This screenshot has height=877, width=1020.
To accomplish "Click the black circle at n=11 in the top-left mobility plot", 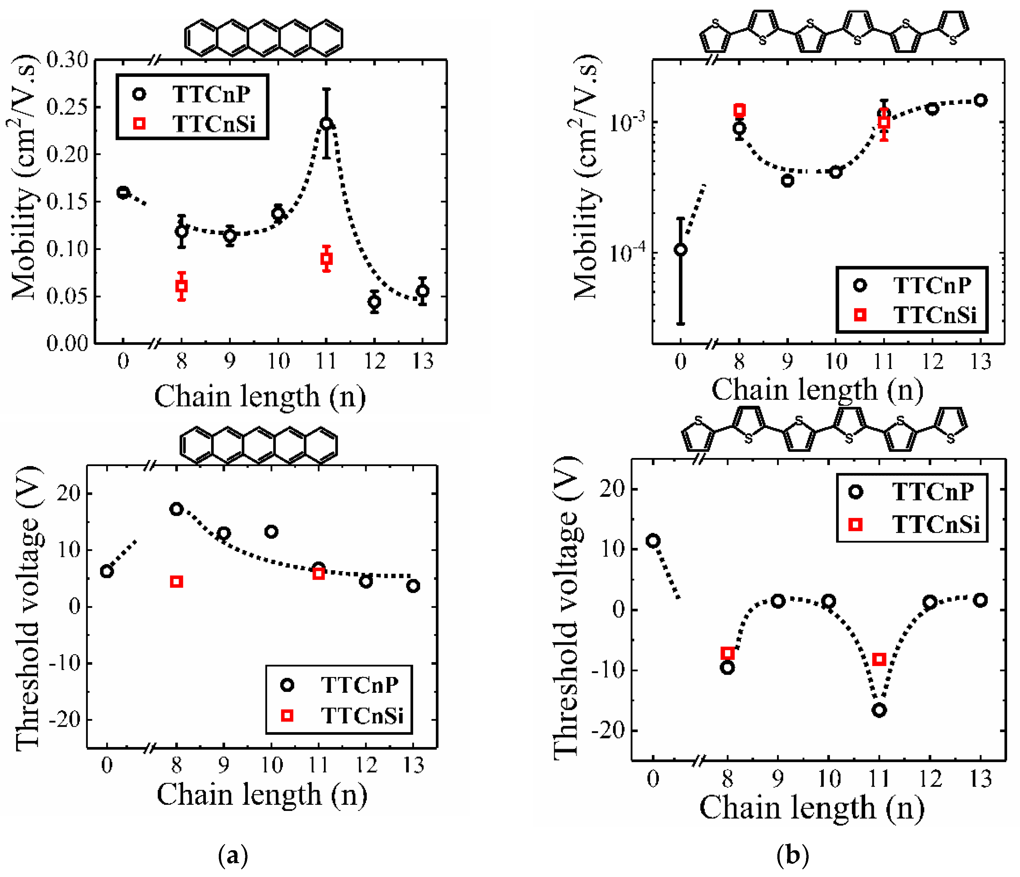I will pyautogui.click(x=326, y=124).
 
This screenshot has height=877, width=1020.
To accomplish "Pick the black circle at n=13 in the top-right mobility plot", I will pyautogui.click(x=981, y=100).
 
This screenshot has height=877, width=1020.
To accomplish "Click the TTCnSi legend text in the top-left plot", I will pyautogui.click(x=214, y=124).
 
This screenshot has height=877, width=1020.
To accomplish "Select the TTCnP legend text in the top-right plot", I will pyautogui.click(x=932, y=285).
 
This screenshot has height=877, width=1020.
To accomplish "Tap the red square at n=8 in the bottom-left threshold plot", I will pyautogui.click(x=176, y=582).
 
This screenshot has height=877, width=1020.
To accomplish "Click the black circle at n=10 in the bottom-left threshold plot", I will pyautogui.click(x=271, y=532).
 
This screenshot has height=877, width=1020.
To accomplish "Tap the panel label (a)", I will pyautogui.click(x=233, y=855).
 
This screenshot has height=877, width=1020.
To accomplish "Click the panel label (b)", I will pyautogui.click(x=792, y=855).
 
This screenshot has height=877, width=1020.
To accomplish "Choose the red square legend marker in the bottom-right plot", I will pyautogui.click(x=855, y=525).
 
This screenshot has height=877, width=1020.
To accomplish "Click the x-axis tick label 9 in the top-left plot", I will pyautogui.click(x=229, y=362).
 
